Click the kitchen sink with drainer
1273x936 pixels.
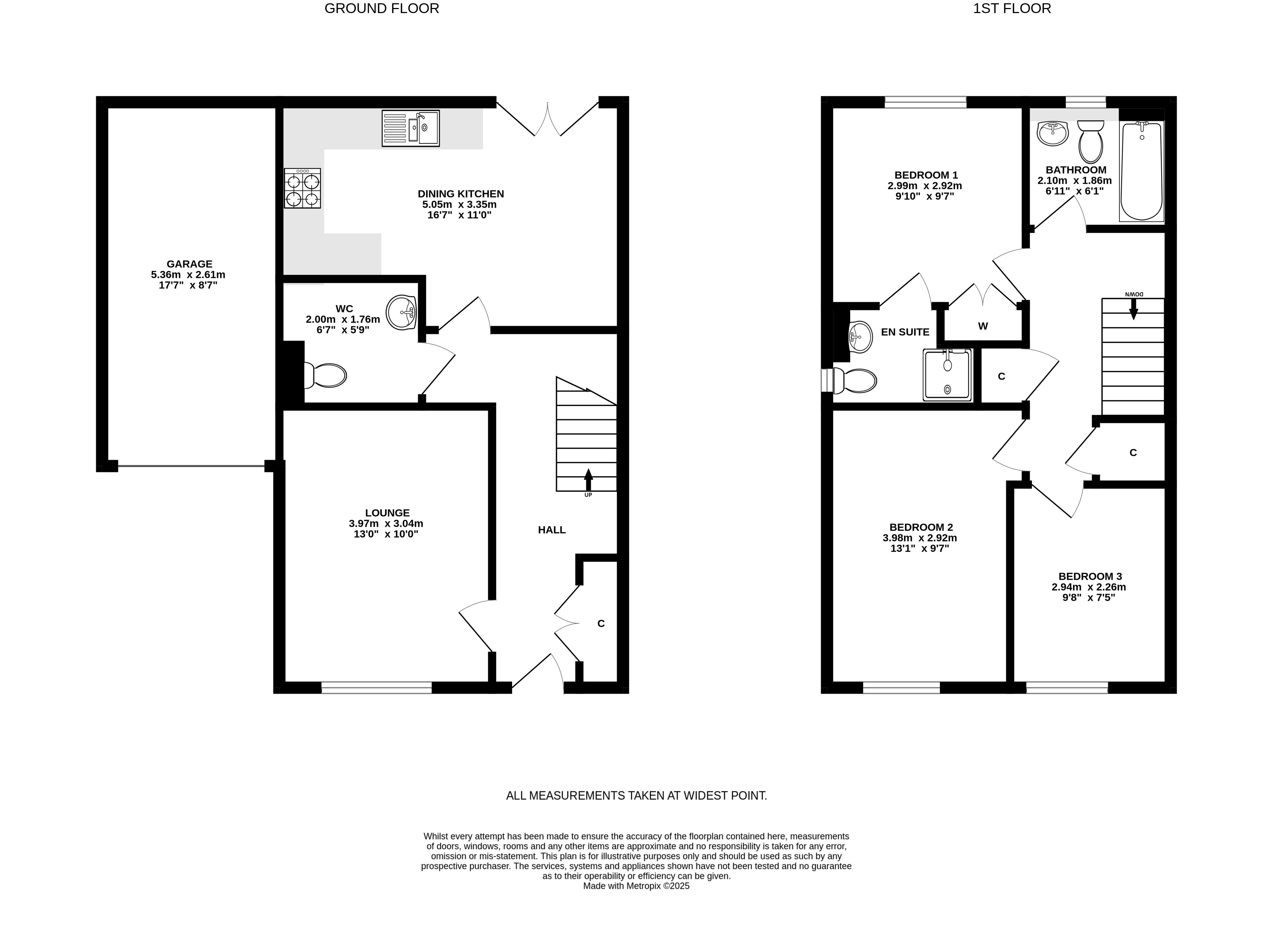point(410,128)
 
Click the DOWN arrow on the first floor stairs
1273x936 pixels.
point(1134,309)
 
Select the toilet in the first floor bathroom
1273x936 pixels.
point(1090,141)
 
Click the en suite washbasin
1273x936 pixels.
point(860,337)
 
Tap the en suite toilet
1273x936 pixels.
point(855,381)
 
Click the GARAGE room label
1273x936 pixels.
point(189,264)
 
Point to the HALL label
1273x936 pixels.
point(551,530)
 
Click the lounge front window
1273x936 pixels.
point(376,687)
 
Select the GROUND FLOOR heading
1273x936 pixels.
point(382,8)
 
